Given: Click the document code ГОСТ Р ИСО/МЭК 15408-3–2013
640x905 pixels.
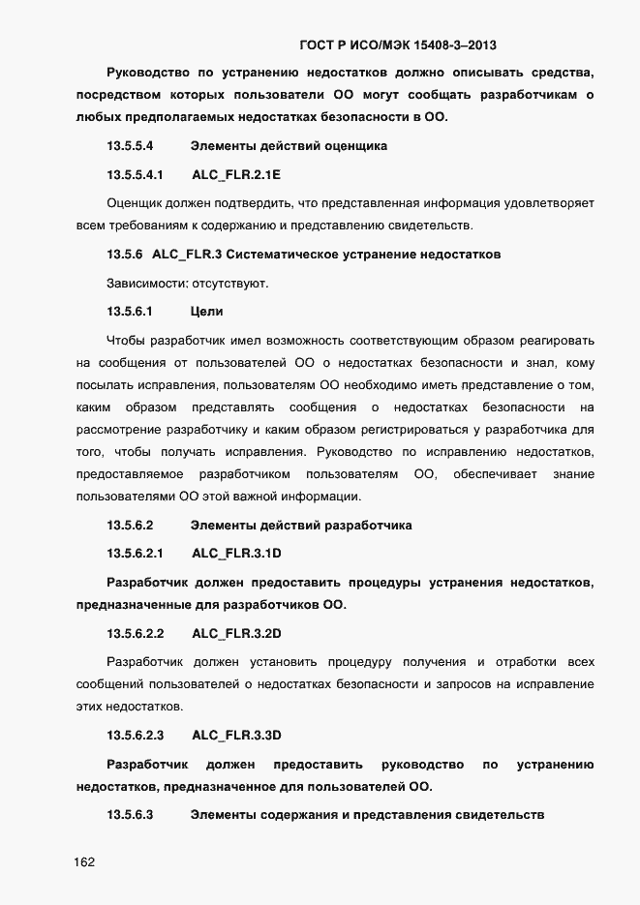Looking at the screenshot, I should pyautogui.click(x=399, y=45).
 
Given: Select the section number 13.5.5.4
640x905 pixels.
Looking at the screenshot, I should pyautogui.click(x=130, y=146).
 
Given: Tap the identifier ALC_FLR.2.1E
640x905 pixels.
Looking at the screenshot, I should pyautogui.click(x=236, y=175).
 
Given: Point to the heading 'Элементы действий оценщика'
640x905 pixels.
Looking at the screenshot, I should pyautogui.click(x=289, y=146).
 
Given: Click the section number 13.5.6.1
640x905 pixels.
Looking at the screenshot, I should pyautogui.click(x=130, y=312).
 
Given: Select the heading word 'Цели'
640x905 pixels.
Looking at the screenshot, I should pyautogui.click(x=207, y=312).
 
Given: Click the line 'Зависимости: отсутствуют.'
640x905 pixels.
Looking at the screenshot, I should pyautogui.click(x=187, y=284).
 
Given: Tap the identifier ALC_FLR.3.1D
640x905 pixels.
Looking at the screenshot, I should pyautogui.click(x=236, y=554).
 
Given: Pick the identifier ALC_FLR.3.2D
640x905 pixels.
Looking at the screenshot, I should pyautogui.click(x=236, y=634).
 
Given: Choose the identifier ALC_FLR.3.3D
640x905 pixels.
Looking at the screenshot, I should pyautogui.click(x=236, y=735).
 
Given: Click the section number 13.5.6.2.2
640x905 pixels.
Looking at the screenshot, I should pyautogui.click(x=136, y=634).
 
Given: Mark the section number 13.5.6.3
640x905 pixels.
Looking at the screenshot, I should pyautogui.click(x=130, y=814).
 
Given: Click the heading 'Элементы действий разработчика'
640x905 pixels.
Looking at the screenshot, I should pyautogui.click(x=301, y=526).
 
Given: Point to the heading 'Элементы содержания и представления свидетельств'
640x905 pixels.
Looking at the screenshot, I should pyautogui.click(x=368, y=814).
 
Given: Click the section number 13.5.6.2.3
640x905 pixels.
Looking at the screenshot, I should pyautogui.click(x=136, y=735).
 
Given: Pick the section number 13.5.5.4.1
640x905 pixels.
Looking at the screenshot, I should pyautogui.click(x=136, y=175).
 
